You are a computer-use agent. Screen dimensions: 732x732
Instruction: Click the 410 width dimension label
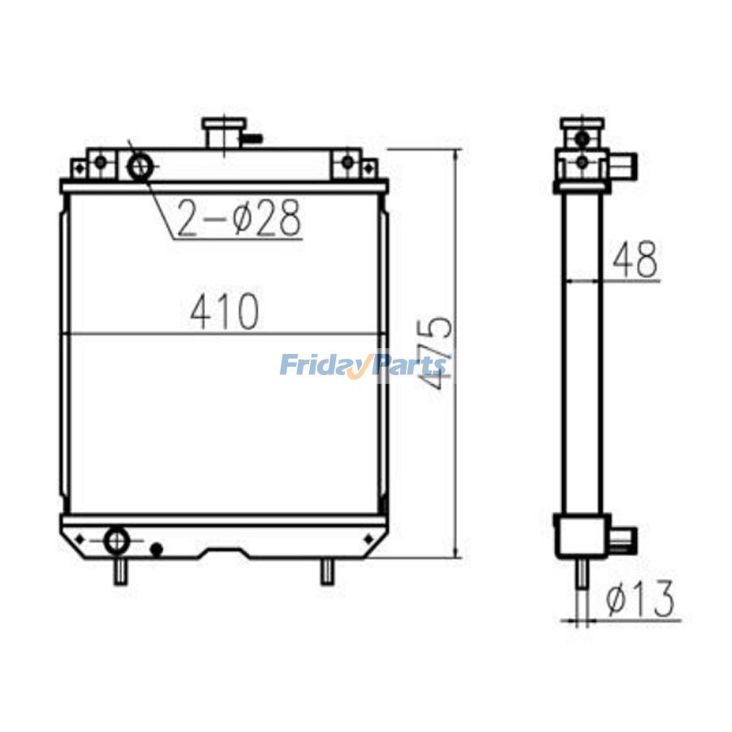pos(224,312)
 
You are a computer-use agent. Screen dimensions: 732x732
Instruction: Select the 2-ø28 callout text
pos(239,217)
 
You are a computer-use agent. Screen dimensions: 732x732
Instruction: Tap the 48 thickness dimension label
pos(635,261)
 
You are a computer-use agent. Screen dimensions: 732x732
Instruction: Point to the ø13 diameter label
pos(641,600)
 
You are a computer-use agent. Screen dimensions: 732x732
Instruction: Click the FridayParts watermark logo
pos(363,365)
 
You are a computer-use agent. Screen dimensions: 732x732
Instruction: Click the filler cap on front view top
pos(224,132)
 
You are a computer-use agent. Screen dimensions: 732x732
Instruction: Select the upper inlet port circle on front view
pos(139,167)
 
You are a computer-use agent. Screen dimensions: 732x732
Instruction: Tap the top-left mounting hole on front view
pos(100,162)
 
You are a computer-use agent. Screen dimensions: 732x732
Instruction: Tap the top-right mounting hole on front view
pos(348,162)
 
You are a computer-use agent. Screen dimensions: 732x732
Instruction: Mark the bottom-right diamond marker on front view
pos(368,538)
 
